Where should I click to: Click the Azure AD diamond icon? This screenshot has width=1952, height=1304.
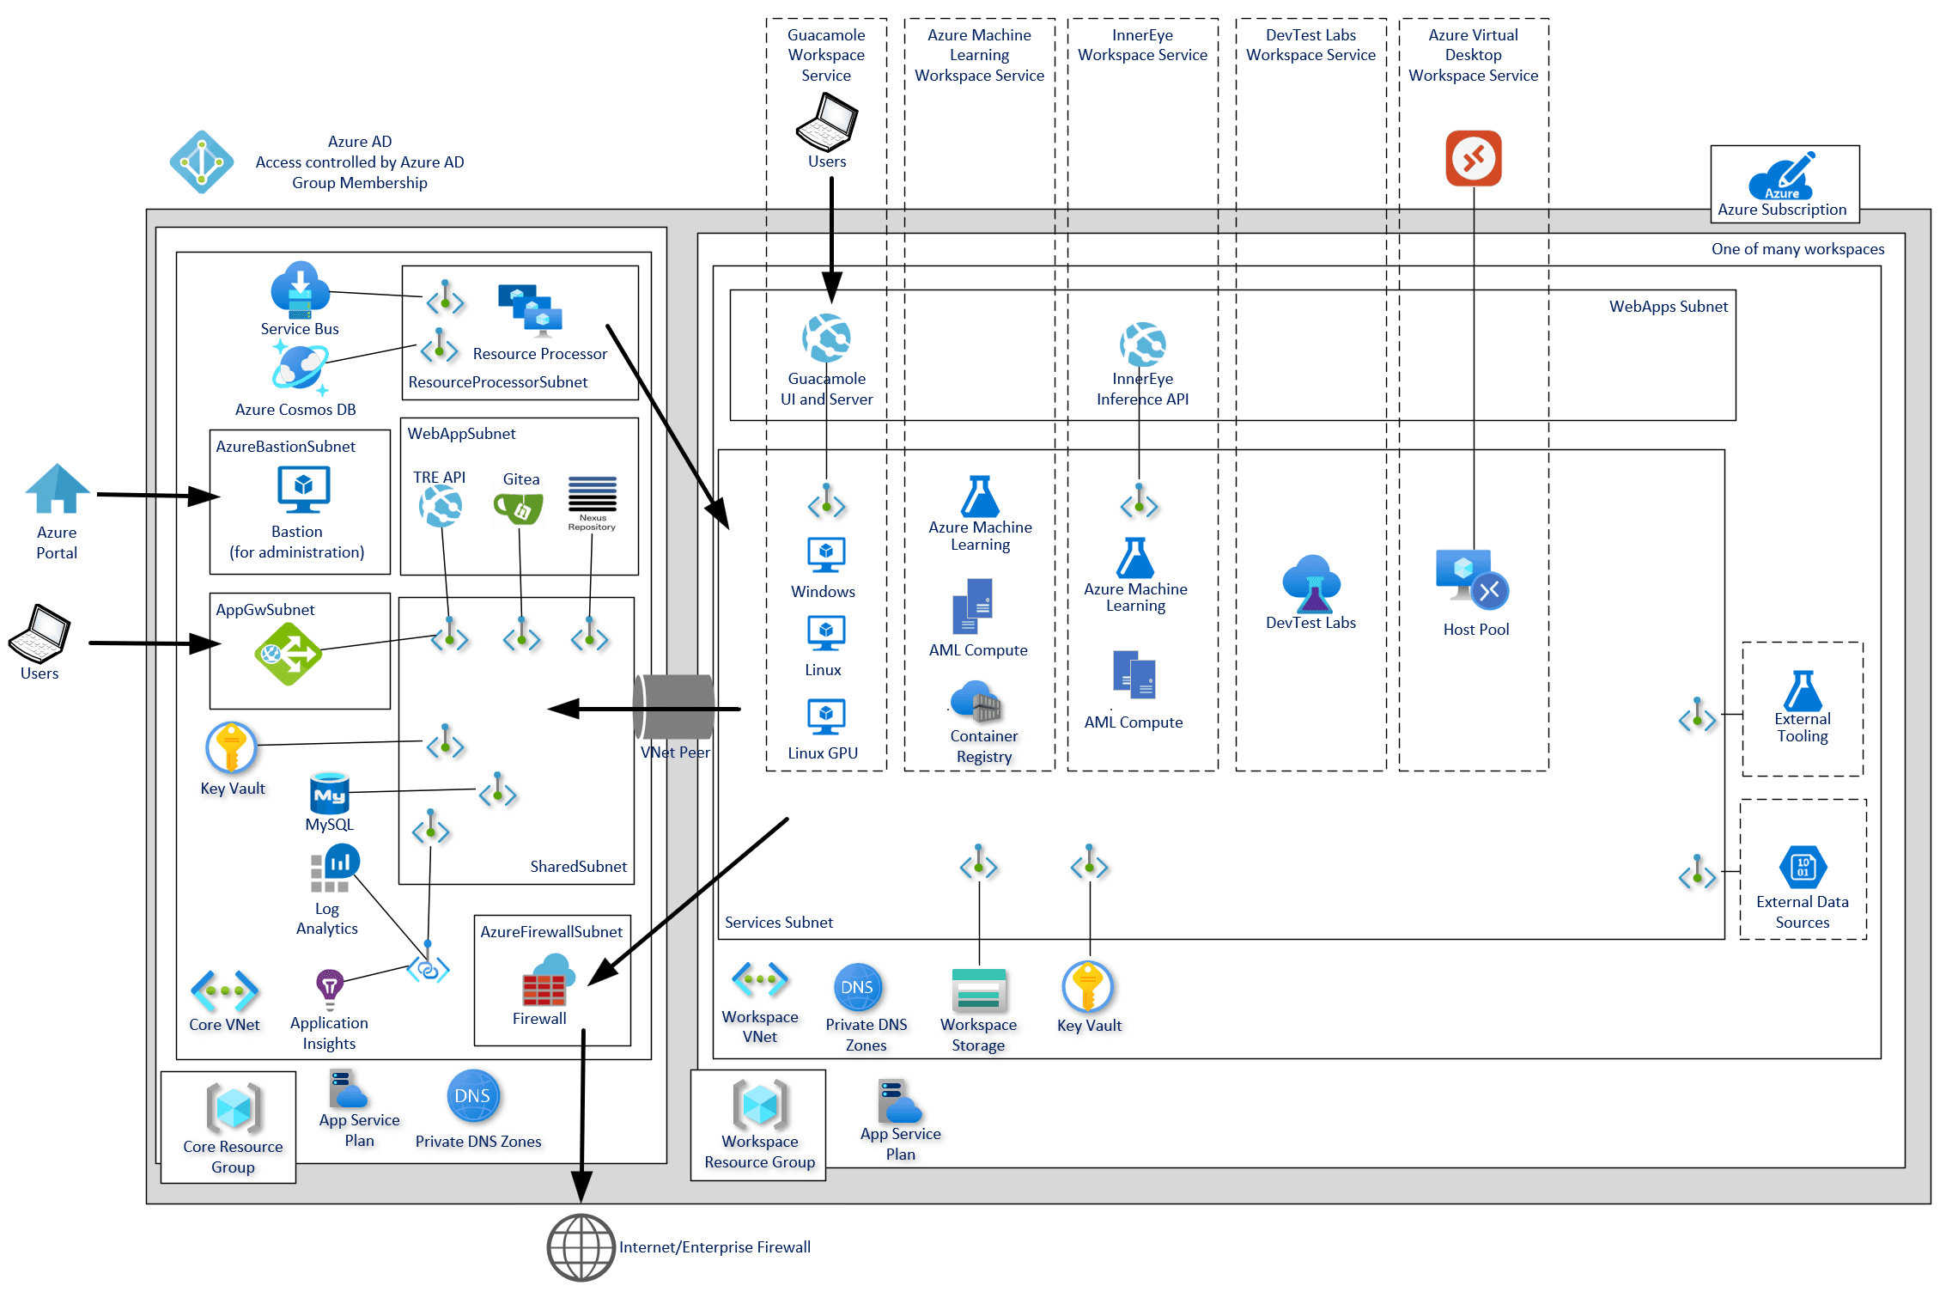[x=201, y=161]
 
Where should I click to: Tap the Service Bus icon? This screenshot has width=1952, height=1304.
[x=300, y=290]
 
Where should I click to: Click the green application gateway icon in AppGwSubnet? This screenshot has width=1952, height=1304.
[x=288, y=654]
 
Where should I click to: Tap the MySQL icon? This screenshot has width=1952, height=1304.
[x=329, y=792]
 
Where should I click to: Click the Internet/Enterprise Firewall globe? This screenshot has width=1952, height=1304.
[x=581, y=1246]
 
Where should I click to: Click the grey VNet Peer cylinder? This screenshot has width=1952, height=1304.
[x=674, y=708]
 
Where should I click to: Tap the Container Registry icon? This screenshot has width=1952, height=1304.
[x=977, y=702]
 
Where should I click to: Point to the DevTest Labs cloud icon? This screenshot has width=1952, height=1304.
[x=1310, y=582]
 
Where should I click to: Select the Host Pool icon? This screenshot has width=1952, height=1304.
[x=1471, y=577]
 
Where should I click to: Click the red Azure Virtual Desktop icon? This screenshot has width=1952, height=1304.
[x=1473, y=158]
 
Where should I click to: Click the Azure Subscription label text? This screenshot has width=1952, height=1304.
[x=1781, y=210]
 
